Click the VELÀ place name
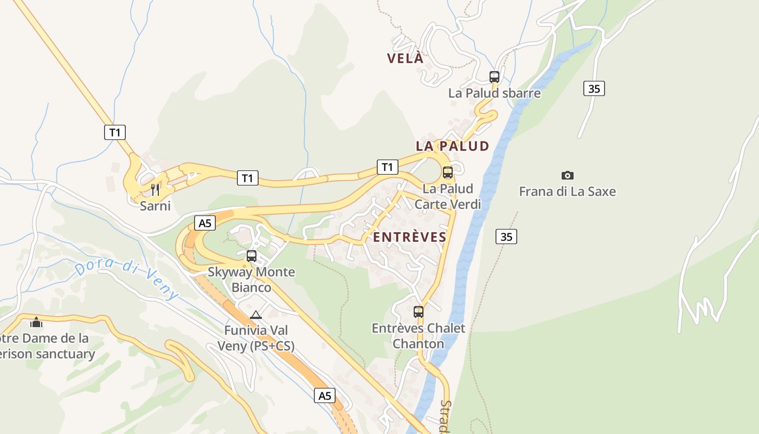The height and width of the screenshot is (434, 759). point(405,59)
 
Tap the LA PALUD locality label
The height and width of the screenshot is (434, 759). point(452,146)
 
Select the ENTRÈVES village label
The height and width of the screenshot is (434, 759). point(410,237)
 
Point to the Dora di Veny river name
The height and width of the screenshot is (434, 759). point(126,280)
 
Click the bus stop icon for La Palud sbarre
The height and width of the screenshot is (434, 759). point(494,77)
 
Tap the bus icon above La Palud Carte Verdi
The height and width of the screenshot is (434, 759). point(447,173)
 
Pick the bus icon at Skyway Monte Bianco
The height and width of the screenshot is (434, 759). point(251,256)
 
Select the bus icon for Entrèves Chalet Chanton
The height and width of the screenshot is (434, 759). point(418,312)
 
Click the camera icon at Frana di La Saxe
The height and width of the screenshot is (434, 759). point(567,175)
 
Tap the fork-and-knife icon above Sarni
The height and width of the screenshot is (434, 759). point(155,189)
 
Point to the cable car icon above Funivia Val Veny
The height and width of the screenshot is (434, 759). point(256,315)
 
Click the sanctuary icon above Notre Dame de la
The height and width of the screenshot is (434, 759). point(36,322)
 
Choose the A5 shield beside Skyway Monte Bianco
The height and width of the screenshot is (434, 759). point(204,223)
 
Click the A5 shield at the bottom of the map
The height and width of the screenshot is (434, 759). point(324,395)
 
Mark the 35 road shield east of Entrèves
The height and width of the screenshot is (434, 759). point(506,237)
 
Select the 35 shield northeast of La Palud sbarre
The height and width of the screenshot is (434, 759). point(594,88)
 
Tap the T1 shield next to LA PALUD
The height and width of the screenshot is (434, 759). point(387,167)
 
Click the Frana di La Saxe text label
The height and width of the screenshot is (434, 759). point(567,192)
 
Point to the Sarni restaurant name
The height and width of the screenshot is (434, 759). point(155,206)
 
